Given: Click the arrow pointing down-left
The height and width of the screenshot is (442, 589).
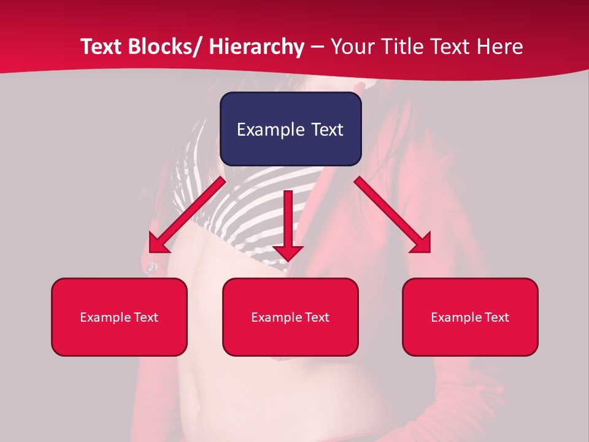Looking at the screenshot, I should pos(187,215).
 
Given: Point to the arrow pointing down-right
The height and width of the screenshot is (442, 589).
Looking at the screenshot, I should pos(393,215).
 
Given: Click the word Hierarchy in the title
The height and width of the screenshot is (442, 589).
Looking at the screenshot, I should pos(256,47).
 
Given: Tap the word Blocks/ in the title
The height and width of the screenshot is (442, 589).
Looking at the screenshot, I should pos(167,47).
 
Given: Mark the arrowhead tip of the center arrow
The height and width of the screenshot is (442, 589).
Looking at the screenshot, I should pos(288,260).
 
